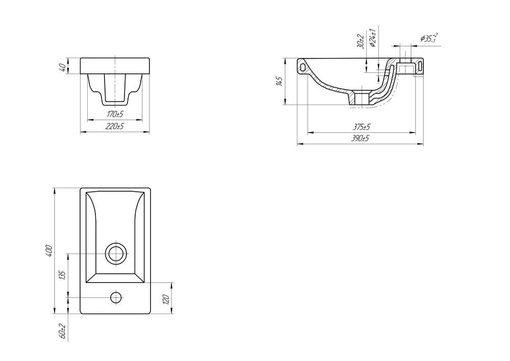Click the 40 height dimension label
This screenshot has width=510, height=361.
coord(63,67)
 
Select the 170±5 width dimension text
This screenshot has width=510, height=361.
coord(115,114)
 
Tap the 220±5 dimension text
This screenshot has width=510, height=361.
coord(115,126)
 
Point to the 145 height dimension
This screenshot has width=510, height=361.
coord(279,81)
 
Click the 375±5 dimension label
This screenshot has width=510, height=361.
coord(362,126)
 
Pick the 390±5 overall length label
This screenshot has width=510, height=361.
coord(360,138)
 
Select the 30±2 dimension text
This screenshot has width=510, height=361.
coord(360,41)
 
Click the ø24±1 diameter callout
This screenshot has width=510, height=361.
coord(373,38)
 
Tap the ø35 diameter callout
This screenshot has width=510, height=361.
coord(429,38)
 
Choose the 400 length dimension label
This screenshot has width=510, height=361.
coord(49,251)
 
